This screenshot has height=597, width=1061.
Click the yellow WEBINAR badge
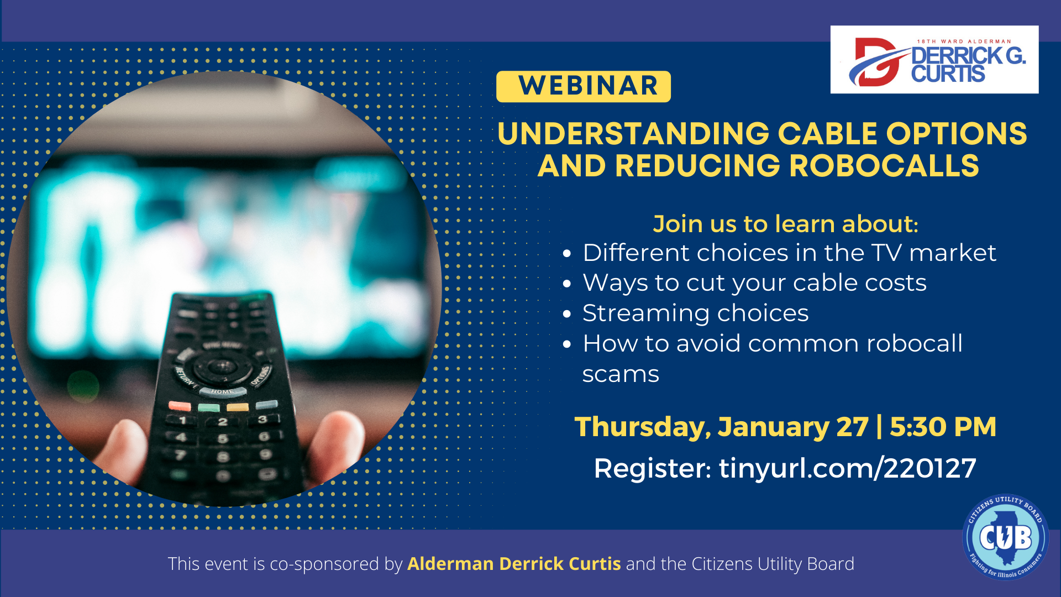click(x=583, y=86)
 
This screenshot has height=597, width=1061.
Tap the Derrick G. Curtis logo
click(x=934, y=59)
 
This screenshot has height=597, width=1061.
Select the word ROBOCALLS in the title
click(x=884, y=166)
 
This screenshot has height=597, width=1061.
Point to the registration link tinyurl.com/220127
click(x=847, y=469)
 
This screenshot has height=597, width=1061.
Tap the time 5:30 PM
click(x=943, y=427)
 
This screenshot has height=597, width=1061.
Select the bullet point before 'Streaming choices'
click(x=567, y=314)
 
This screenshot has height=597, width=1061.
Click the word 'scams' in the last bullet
click(x=621, y=374)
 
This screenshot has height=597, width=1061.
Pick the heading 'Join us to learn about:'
click(x=785, y=224)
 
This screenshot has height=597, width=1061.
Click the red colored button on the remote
click(x=180, y=406)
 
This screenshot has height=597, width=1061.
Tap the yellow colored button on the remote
click(x=238, y=407)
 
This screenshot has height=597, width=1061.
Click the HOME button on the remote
click(x=222, y=392)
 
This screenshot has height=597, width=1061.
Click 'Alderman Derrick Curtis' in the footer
click(x=514, y=564)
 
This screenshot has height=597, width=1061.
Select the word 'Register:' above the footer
click(x=652, y=469)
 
